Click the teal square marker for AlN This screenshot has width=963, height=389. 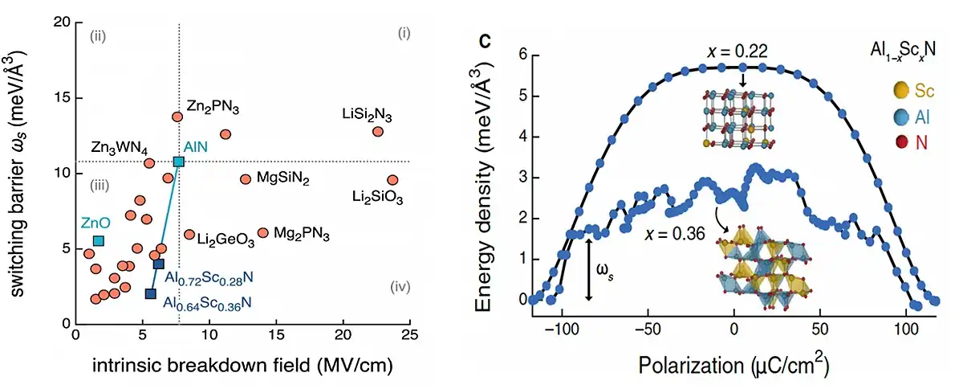coord(178,162)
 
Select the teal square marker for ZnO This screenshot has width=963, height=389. coord(99,240)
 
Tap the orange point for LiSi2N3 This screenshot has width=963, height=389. coord(378,131)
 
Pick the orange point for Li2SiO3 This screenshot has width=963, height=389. coord(392,180)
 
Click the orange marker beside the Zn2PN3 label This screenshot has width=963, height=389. coord(177,117)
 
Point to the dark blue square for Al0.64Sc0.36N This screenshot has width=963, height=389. coord(150,293)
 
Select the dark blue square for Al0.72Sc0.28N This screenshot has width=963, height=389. coord(159,264)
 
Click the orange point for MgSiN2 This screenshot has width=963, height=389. coord(246,178)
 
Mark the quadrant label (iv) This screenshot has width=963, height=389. coord(400,287)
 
